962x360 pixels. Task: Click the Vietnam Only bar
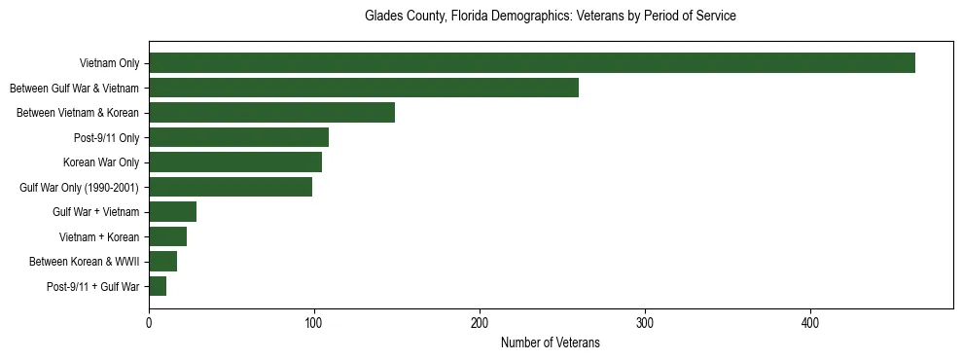(532, 63)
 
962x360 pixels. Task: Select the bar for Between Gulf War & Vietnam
(364, 88)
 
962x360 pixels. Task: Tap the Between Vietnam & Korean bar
(271, 113)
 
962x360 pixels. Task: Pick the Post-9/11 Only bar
(238, 137)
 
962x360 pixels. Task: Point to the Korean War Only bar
(235, 162)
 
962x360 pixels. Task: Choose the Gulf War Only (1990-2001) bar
(231, 187)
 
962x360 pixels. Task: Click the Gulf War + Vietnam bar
(172, 212)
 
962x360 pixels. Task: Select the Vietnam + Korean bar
(167, 236)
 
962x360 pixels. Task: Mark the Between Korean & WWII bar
(162, 262)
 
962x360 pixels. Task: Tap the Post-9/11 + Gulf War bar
(158, 286)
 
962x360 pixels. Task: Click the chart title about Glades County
(551, 17)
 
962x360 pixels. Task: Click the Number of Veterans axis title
(551, 343)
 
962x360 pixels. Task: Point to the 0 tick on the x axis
(149, 322)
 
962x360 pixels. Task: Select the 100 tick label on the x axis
(314, 322)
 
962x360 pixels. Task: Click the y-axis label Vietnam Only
(109, 64)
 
